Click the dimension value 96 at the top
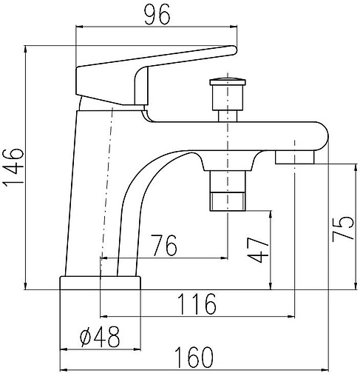pyautogui.click(x=157, y=15)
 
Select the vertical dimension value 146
pyautogui.click(x=13, y=168)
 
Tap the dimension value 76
pyautogui.click(x=164, y=245)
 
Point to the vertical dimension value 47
pyautogui.click(x=257, y=250)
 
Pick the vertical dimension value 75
pyautogui.click(x=343, y=229)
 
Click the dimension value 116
pyautogui.click(x=197, y=304)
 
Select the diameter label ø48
pyautogui.click(x=100, y=337)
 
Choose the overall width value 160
pyautogui.click(x=194, y=357)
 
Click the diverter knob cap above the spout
pyautogui.click(x=228, y=82)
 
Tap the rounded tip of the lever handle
pyautogui.click(x=233, y=50)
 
